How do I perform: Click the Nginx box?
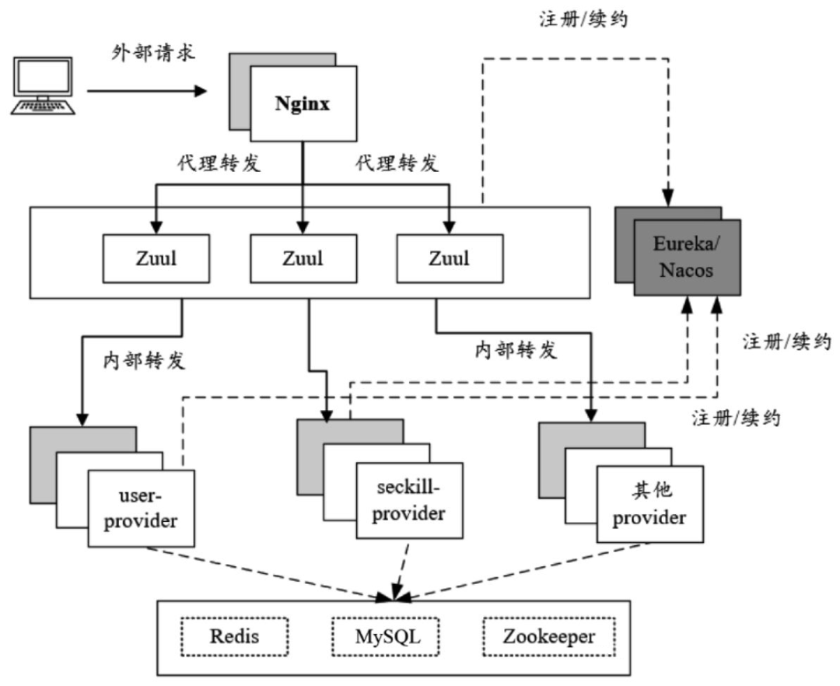(302, 104)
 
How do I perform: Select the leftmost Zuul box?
(155, 258)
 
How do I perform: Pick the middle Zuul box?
(302, 258)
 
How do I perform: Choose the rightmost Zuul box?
(449, 258)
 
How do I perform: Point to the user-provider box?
(140, 507)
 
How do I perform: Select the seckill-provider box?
(408, 500)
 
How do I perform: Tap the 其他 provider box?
(649, 503)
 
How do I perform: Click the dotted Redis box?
(234, 637)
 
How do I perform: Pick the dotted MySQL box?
(387, 637)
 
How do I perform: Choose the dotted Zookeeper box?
(548, 637)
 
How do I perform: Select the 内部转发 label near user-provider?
(145, 362)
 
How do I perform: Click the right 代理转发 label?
(397, 163)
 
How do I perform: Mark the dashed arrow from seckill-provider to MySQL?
(400, 570)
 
